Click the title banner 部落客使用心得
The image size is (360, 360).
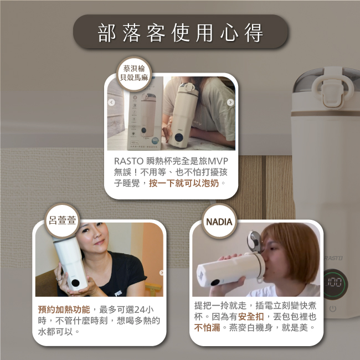point(181,32)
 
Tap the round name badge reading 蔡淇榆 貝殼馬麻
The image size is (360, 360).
point(134,74)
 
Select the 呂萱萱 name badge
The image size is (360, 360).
point(62,220)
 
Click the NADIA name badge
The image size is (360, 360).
point(219,221)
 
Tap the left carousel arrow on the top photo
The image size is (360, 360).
point(111,102)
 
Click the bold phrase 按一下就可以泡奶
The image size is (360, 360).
point(184,183)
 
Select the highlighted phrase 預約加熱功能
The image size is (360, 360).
point(64,310)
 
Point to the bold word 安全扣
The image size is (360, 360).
point(251,317)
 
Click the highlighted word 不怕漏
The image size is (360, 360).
point(207,328)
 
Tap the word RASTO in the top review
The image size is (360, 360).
point(129,161)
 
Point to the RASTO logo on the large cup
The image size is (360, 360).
point(333,258)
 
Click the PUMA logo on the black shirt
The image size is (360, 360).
point(118,293)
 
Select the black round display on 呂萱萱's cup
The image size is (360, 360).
point(75,282)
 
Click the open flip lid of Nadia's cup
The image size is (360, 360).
point(254,241)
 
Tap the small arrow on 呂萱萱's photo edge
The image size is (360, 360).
point(162,272)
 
